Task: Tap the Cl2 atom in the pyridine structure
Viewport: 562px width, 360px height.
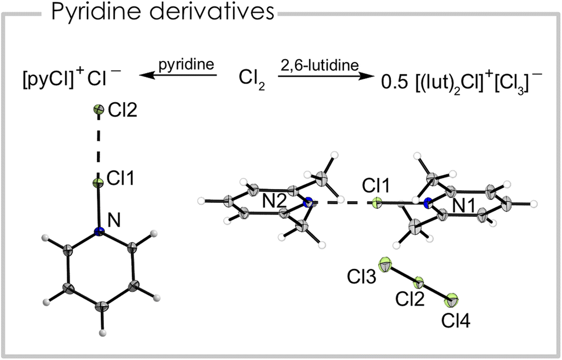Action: pos(98,110)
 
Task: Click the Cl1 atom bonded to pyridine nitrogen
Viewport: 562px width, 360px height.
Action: pos(98,183)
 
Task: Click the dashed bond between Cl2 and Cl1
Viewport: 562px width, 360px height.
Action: pos(98,146)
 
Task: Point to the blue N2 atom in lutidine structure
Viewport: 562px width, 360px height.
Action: pos(308,202)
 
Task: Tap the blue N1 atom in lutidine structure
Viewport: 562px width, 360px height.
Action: pos(427,202)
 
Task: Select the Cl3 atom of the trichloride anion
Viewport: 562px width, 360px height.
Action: pos(385,266)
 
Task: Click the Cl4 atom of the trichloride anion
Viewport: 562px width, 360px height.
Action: pos(452,300)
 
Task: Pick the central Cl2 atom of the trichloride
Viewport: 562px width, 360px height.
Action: pos(418,283)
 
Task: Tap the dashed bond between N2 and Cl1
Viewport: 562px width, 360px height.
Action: pos(342,203)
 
